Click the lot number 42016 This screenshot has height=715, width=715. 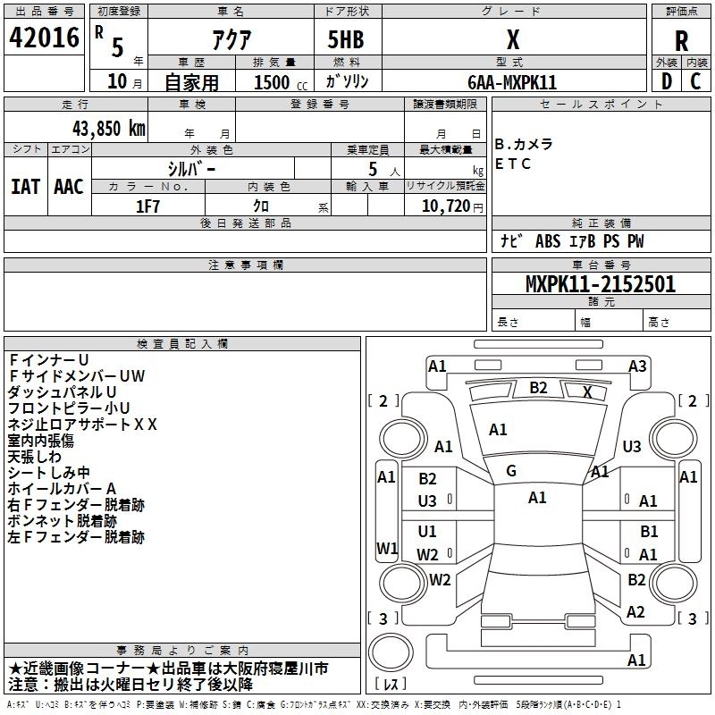click(x=44, y=38)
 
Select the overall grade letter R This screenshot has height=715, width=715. click(x=681, y=41)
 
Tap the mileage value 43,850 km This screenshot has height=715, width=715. click(x=108, y=129)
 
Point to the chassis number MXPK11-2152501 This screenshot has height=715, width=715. click(x=601, y=284)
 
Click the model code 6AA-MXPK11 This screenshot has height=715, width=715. click(x=512, y=82)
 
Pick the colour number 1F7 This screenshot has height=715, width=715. click(x=147, y=206)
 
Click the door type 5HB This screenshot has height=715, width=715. click(x=346, y=39)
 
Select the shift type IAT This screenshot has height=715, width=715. click(x=25, y=187)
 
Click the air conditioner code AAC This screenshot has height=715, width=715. click(x=69, y=187)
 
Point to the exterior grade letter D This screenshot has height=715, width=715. click(x=667, y=81)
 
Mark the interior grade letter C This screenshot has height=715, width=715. click(x=695, y=81)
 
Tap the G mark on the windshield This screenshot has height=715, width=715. click(x=511, y=471)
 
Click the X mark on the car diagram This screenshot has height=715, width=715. click(x=588, y=391)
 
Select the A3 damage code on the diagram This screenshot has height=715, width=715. click(x=637, y=366)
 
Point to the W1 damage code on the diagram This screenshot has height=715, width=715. click(x=387, y=548)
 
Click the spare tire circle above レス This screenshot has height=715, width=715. click(x=391, y=652)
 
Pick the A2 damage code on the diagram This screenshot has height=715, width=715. click(x=635, y=612)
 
